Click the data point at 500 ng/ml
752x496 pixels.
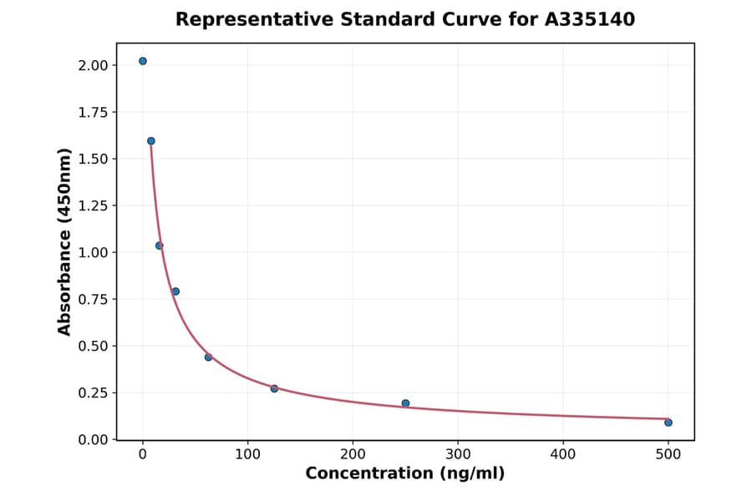668,423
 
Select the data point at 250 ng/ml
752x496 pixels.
405,403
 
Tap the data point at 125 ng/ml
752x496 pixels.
274,388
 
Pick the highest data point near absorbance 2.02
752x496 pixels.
143,61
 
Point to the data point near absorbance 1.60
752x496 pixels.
151,141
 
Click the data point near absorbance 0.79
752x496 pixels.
175,291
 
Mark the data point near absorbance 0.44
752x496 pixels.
208,357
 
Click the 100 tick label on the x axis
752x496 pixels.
247,454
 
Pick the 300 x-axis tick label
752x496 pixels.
458,454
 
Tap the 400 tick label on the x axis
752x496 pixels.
563,454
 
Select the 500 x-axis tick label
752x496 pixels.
668,454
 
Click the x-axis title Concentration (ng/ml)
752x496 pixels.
405,474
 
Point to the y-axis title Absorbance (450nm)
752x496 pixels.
65,241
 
